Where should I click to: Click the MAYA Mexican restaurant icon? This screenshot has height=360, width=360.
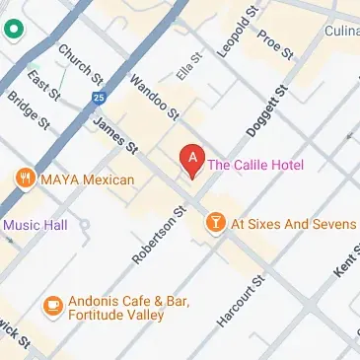24,180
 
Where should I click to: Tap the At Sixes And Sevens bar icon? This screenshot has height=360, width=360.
213,224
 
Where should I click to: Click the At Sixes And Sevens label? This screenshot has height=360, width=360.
293,224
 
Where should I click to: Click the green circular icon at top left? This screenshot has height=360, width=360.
13,30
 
